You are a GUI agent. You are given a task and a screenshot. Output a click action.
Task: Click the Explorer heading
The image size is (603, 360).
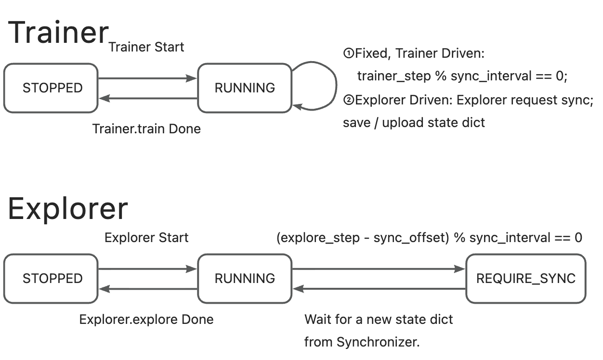68,208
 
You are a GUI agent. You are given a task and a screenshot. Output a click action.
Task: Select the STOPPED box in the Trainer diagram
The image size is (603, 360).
51,88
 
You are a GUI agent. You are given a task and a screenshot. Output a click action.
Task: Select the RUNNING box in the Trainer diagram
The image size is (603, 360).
245,88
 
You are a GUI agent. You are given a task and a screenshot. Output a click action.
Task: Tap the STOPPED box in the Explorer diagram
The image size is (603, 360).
51,279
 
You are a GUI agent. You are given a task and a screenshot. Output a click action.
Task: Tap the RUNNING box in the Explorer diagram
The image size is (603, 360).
245,279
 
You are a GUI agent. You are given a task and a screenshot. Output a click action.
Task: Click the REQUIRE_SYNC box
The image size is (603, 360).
525,279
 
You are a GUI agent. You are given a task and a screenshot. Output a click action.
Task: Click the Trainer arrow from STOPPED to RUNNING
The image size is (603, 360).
147,78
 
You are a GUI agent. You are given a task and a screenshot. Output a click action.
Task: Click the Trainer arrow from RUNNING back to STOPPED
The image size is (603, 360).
147,98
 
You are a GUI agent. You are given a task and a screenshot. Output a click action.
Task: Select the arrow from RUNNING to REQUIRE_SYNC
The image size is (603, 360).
379,269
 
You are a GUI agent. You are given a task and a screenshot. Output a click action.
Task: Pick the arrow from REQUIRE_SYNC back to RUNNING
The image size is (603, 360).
379,289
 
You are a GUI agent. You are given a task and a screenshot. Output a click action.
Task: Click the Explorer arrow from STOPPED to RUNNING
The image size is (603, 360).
147,269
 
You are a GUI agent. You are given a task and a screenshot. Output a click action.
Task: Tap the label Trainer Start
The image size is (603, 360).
146,47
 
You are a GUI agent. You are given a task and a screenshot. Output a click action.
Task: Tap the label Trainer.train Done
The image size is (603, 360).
146,129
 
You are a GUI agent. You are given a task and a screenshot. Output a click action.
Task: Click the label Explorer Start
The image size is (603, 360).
146,238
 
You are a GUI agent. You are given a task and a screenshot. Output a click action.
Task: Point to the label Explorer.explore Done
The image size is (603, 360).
146,320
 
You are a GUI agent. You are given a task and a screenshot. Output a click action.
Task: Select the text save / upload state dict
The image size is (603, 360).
414,123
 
